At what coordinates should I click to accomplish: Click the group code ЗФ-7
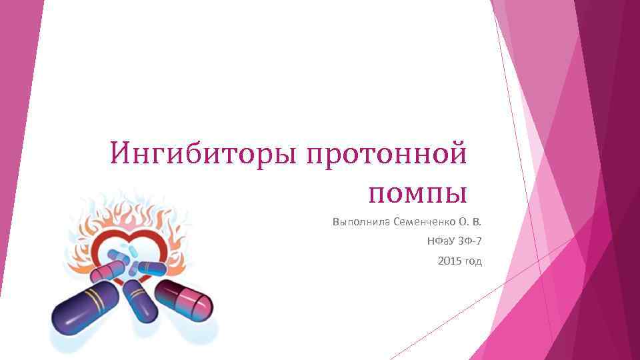pyautogui.click(x=469, y=241)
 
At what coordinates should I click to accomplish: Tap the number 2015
pyautogui.click(x=449, y=261)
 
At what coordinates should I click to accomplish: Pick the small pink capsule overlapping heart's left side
pyautogui.click(x=109, y=270)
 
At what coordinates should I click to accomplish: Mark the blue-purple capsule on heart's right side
pyautogui.click(x=153, y=269)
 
